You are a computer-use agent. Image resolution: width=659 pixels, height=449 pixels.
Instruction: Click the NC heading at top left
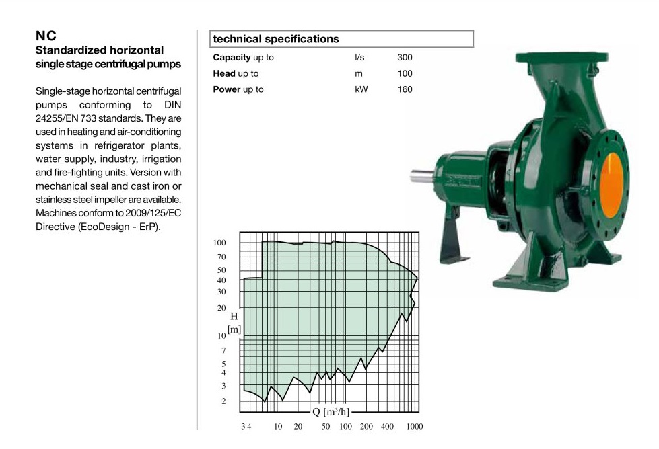pyautogui.click(x=46, y=36)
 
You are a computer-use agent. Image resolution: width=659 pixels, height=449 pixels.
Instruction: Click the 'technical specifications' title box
pyautogui.click(x=341, y=39)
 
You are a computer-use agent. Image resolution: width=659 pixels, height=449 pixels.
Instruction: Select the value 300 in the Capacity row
pyautogui.click(x=405, y=58)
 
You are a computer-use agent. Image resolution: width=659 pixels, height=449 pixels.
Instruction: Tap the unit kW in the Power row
pyautogui.click(x=361, y=89)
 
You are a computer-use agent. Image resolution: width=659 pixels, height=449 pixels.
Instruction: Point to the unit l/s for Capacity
pyautogui.click(x=359, y=58)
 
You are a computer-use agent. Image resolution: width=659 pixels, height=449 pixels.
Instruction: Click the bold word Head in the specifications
pyautogui.click(x=224, y=73)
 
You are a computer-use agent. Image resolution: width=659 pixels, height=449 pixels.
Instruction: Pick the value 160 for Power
pyautogui.click(x=405, y=89)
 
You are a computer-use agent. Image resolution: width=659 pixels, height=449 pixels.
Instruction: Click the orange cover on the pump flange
pyautogui.click(x=611, y=186)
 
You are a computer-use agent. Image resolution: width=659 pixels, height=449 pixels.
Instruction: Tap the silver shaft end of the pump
pyautogui.click(x=421, y=176)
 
